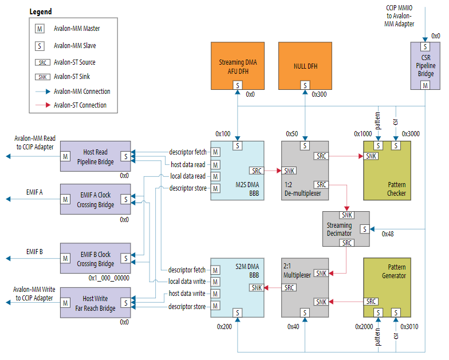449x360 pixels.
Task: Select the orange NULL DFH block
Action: pyautogui.click(x=304, y=65)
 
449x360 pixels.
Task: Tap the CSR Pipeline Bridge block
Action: pyautogui.click(x=425, y=65)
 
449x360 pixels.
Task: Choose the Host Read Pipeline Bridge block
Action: pyautogui.click(x=96, y=156)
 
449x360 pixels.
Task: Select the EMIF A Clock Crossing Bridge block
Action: pyautogui.click(x=96, y=199)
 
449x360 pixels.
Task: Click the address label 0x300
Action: pyautogui.click(x=319, y=94)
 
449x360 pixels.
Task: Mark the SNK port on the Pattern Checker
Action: pyautogui.click(x=371, y=156)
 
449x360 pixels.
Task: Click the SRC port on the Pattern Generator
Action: pyautogui.click(x=371, y=302)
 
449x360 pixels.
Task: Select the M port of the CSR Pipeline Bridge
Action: pyautogui.click(x=425, y=85)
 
